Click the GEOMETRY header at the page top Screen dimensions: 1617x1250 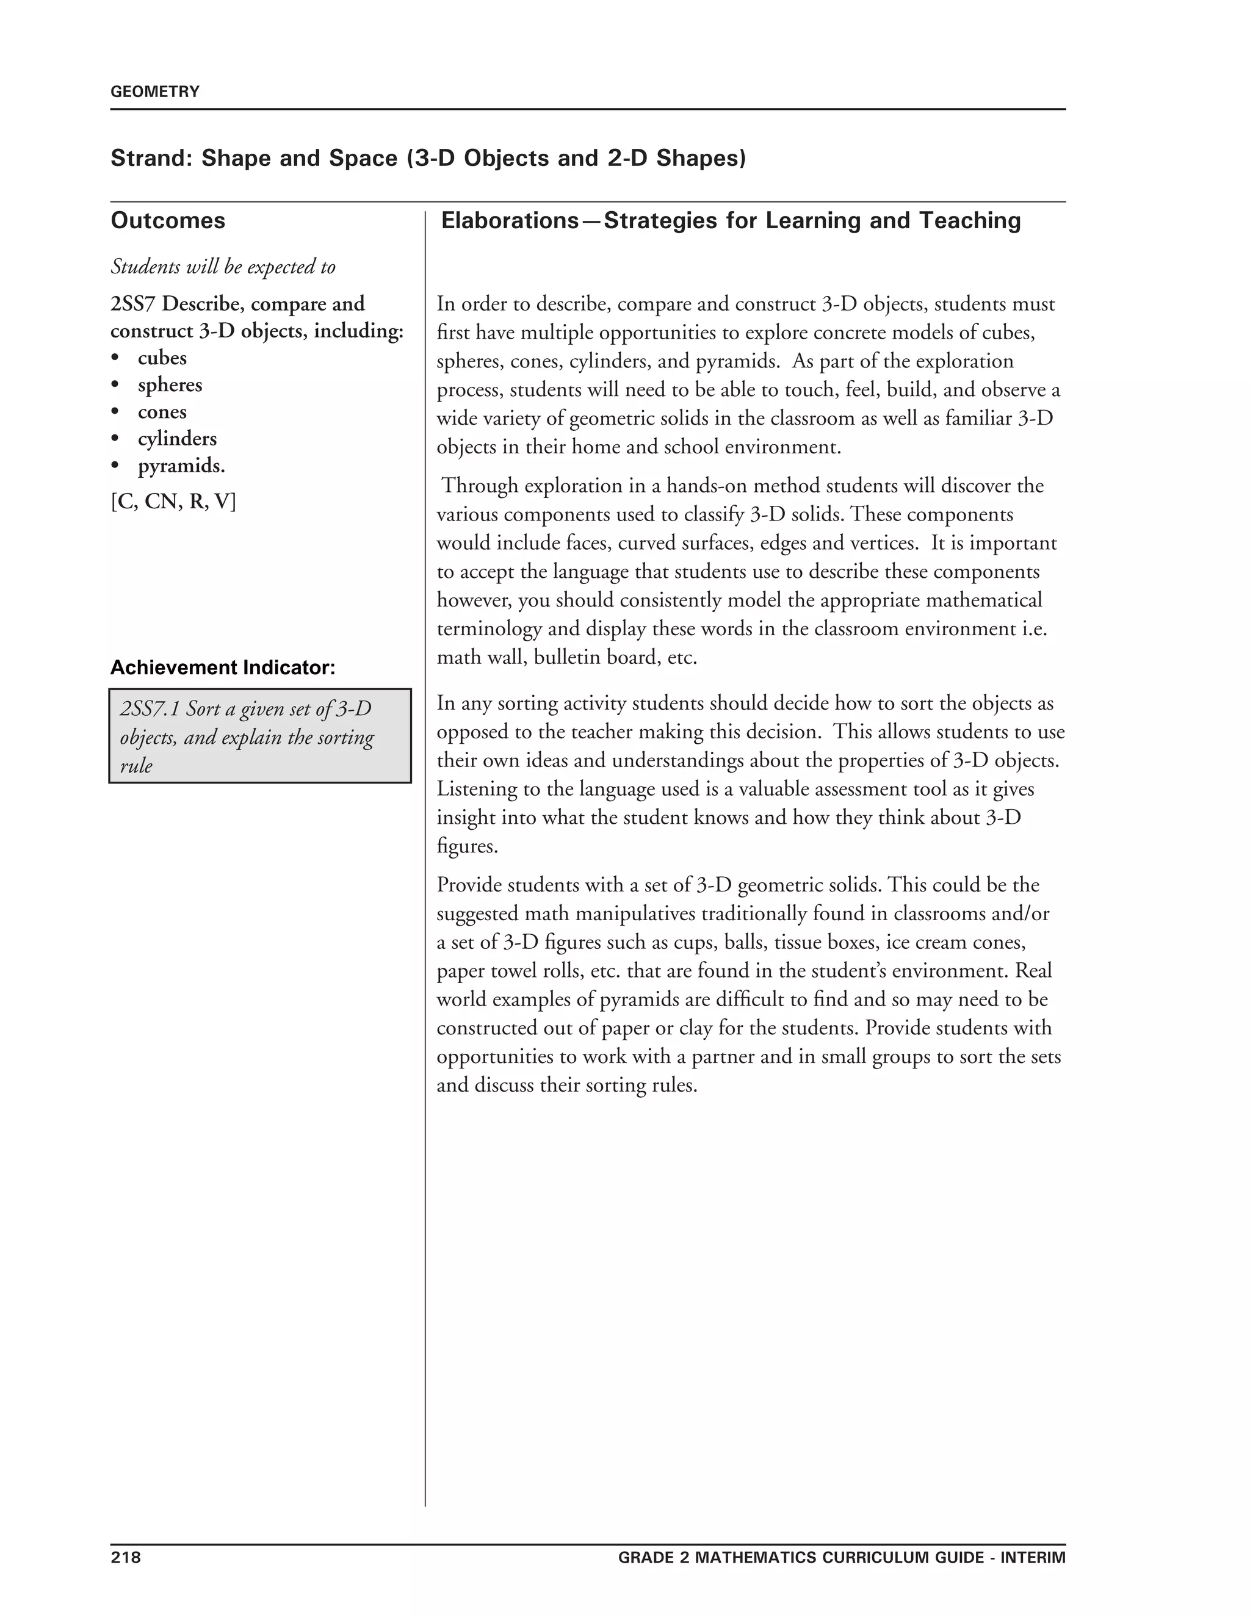(155, 92)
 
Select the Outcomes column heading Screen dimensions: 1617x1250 (168, 221)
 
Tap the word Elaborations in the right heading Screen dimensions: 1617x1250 (510, 221)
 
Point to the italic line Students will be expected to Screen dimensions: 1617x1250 (223, 267)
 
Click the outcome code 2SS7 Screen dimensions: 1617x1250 (132, 304)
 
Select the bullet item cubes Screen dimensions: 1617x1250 (162, 358)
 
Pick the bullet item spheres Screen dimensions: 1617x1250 (170, 385)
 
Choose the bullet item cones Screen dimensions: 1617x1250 (162, 412)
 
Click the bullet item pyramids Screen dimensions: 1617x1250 (181, 466)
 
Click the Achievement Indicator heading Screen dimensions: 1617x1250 (223, 668)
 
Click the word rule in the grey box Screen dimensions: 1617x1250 (135, 766)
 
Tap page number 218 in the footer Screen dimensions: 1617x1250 (125, 1557)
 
